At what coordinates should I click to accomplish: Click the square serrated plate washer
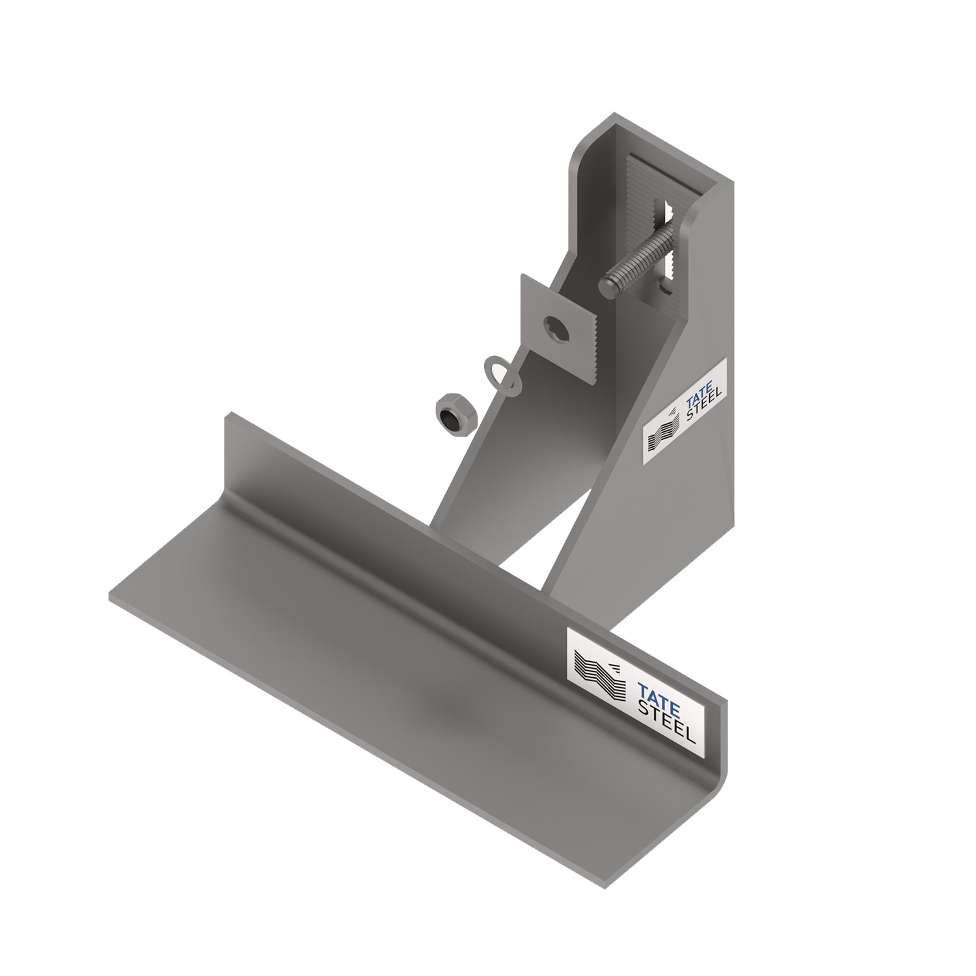click(560, 328)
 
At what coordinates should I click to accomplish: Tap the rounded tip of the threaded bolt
click(607, 287)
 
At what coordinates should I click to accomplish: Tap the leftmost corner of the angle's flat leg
click(111, 597)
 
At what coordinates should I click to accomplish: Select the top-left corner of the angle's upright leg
click(226, 414)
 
